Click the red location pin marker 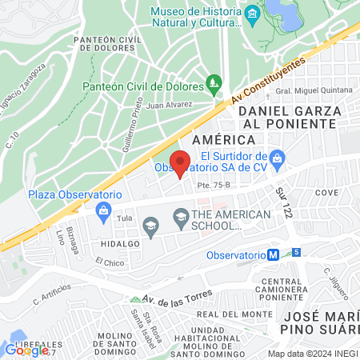pos(181,162)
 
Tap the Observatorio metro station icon pos(274,254)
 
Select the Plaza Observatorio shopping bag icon pos(102,210)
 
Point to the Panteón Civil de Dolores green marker pos(214,82)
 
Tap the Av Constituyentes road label pos(268,81)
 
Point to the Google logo pos(26,349)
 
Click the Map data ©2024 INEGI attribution pos(312,353)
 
